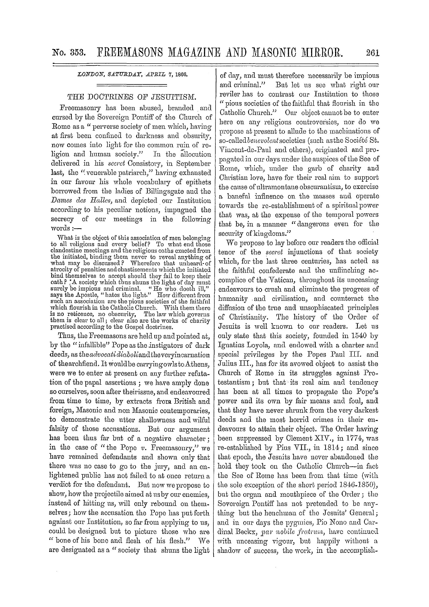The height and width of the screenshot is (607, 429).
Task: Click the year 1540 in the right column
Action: tap(358, 336)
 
